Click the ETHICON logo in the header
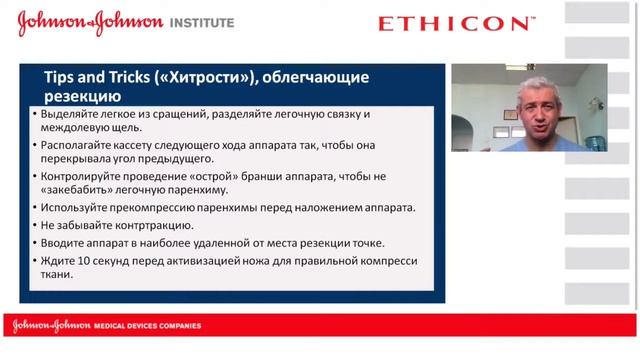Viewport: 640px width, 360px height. click(x=456, y=23)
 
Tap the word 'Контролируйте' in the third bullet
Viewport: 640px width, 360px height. click(x=82, y=175)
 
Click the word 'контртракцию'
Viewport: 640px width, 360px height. click(x=148, y=226)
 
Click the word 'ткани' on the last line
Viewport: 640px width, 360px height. click(x=56, y=276)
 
